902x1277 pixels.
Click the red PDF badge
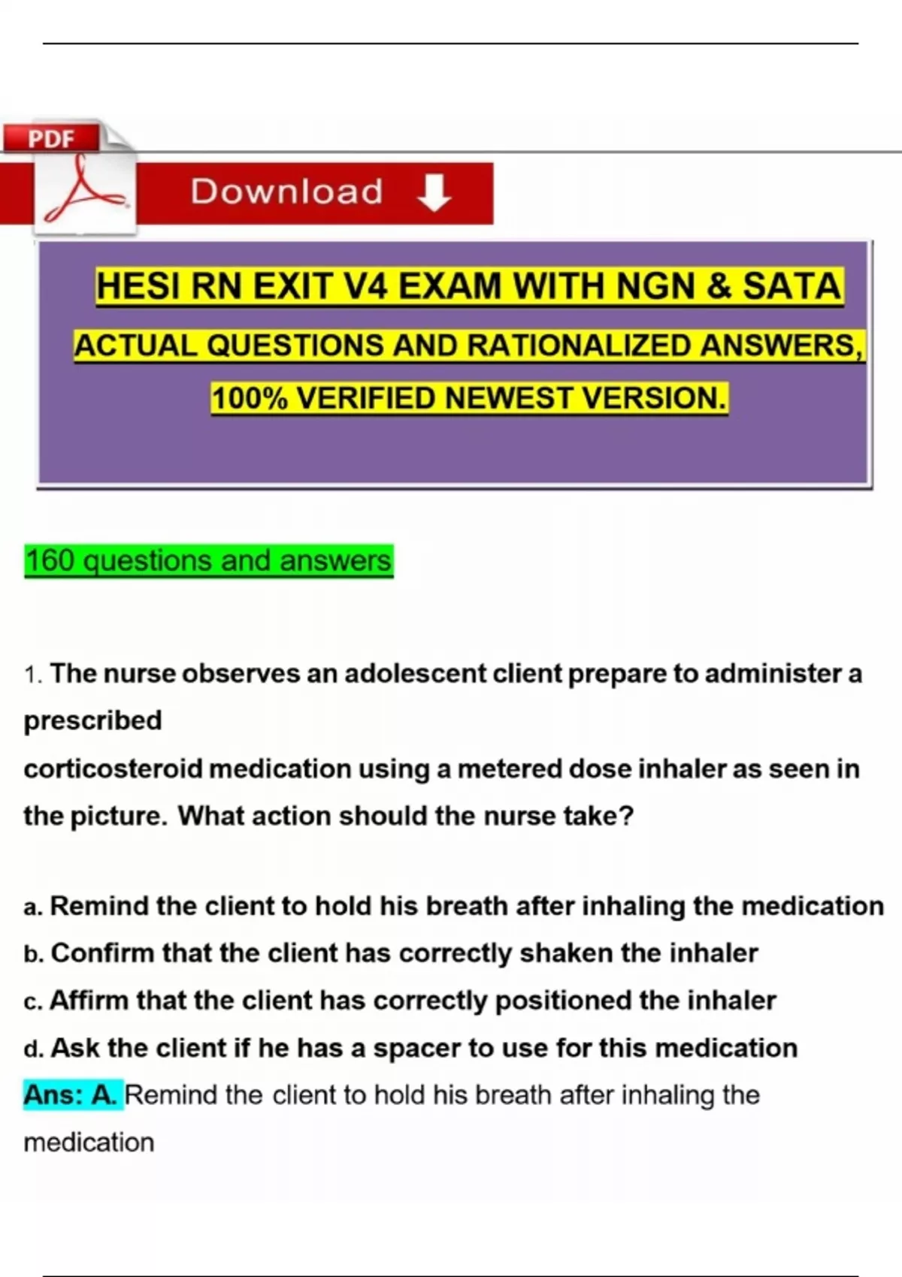pyautogui.click(x=51, y=138)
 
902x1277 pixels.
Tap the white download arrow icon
pyautogui.click(x=434, y=192)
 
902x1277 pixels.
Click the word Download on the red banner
pyautogui.click(x=286, y=192)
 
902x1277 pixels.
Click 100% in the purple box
pyautogui.click(x=249, y=398)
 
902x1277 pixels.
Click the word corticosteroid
pyautogui.click(x=113, y=769)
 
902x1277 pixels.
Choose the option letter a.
pyautogui.click(x=31, y=907)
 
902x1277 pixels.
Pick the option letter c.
pyautogui.click(x=31, y=1002)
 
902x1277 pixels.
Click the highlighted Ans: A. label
pyautogui.click(x=71, y=1095)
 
